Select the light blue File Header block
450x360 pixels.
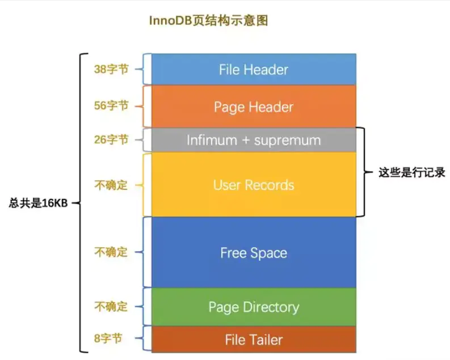[253, 70]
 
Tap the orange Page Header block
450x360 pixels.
[253, 107]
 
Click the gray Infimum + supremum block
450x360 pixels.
[253, 140]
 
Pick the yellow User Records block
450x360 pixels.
[253, 185]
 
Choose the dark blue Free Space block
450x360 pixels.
[253, 253]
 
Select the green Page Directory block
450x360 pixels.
[253, 307]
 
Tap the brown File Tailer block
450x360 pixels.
[253, 340]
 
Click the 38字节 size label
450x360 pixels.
[111, 69]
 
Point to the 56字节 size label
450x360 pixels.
[111, 105]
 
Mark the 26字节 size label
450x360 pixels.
[111, 139]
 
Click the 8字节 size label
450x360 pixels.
[108, 340]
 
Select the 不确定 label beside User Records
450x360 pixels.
[111, 185]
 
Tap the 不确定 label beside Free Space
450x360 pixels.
[111, 252]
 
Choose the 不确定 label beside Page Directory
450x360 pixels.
[111, 307]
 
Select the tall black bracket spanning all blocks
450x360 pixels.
[81, 203]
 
